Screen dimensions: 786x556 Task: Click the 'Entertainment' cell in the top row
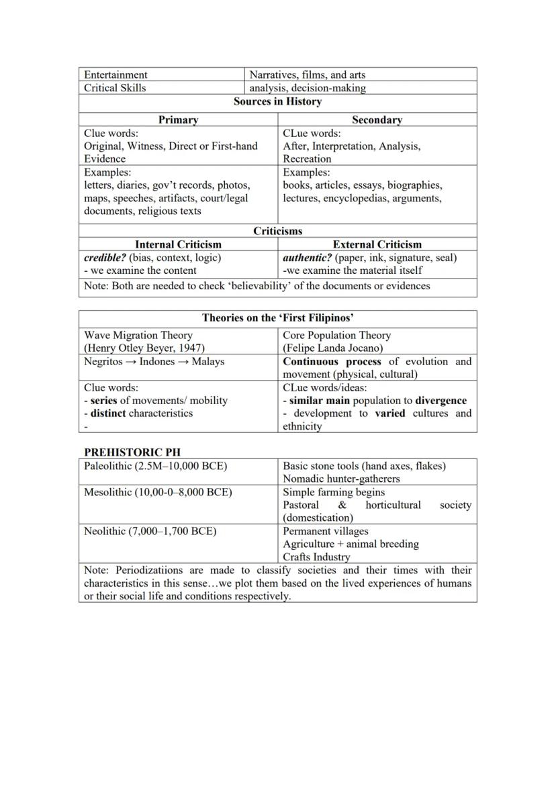tap(115, 75)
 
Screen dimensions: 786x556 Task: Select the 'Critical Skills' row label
tap(115, 88)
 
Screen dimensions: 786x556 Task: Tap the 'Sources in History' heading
tap(277, 102)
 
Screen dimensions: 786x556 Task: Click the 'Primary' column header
tap(178, 120)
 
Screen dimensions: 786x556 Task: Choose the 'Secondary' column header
tap(377, 120)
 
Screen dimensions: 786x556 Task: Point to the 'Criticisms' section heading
tap(277, 231)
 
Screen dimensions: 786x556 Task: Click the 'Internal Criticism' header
tap(178, 244)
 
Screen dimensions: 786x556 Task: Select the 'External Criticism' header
tap(377, 244)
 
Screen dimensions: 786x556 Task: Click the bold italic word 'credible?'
tap(105, 258)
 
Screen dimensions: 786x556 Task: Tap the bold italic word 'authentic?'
tap(308, 258)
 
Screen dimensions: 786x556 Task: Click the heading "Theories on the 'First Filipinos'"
tap(277, 318)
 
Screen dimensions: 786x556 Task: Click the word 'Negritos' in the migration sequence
tap(103, 361)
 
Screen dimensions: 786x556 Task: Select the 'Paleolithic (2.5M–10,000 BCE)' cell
tap(155, 466)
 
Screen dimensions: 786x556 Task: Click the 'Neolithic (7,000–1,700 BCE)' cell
tap(150, 531)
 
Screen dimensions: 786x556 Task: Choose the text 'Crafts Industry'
tap(316, 557)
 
